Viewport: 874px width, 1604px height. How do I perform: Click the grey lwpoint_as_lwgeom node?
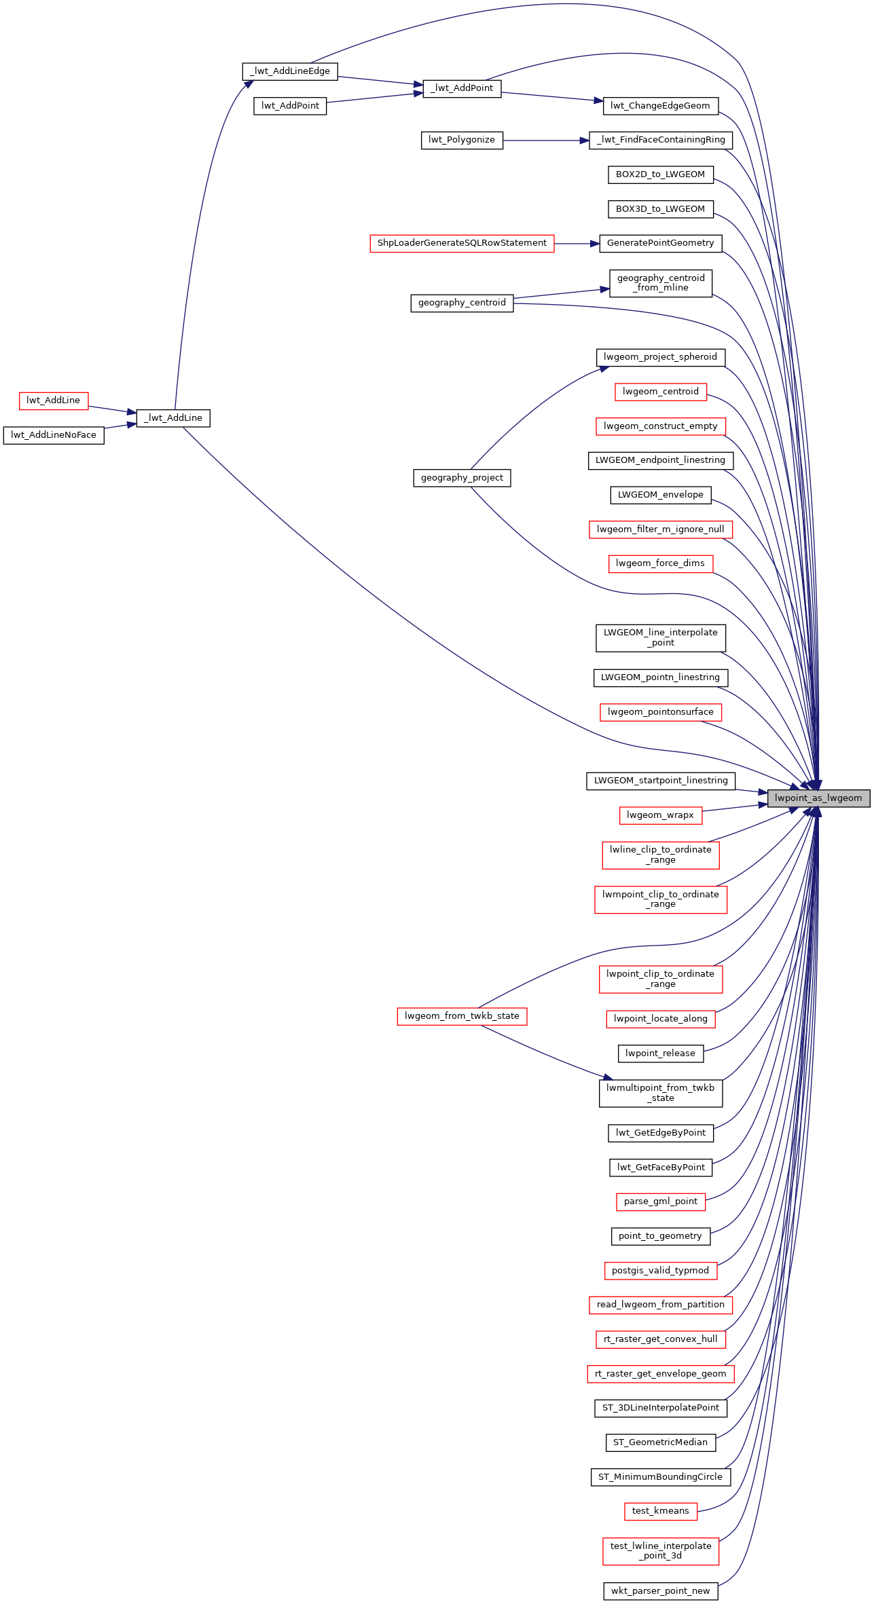tap(818, 798)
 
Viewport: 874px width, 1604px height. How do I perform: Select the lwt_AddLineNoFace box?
tap(54, 435)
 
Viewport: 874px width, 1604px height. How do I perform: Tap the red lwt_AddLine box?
tap(54, 400)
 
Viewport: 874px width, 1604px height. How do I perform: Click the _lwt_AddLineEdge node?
tap(290, 71)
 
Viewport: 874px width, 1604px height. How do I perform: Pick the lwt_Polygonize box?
tap(462, 140)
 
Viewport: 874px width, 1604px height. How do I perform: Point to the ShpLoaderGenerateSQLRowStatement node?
tap(462, 243)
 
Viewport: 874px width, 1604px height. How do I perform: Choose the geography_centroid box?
tap(462, 303)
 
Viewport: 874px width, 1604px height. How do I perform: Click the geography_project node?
tap(462, 478)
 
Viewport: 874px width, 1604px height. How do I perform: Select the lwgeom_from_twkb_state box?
tap(462, 1016)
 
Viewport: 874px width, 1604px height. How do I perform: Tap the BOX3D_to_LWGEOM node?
tap(661, 209)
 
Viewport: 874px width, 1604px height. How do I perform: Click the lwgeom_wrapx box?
tap(661, 815)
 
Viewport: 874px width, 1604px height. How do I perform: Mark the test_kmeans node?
tap(661, 1511)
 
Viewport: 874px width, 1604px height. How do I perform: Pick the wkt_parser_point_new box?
tap(661, 1591)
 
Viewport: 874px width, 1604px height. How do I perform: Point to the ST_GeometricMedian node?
tap(661, 1442)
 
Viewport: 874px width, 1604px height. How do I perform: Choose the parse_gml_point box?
tap(661, 1201)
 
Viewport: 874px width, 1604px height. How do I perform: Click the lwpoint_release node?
tap(661, 1053)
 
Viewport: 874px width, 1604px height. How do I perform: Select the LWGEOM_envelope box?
tap(661, 495)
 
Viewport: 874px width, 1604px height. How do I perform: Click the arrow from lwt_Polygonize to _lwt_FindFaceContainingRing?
tap(546, 141)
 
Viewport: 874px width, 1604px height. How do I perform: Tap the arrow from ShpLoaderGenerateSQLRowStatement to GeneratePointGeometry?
tap(577, 243)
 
